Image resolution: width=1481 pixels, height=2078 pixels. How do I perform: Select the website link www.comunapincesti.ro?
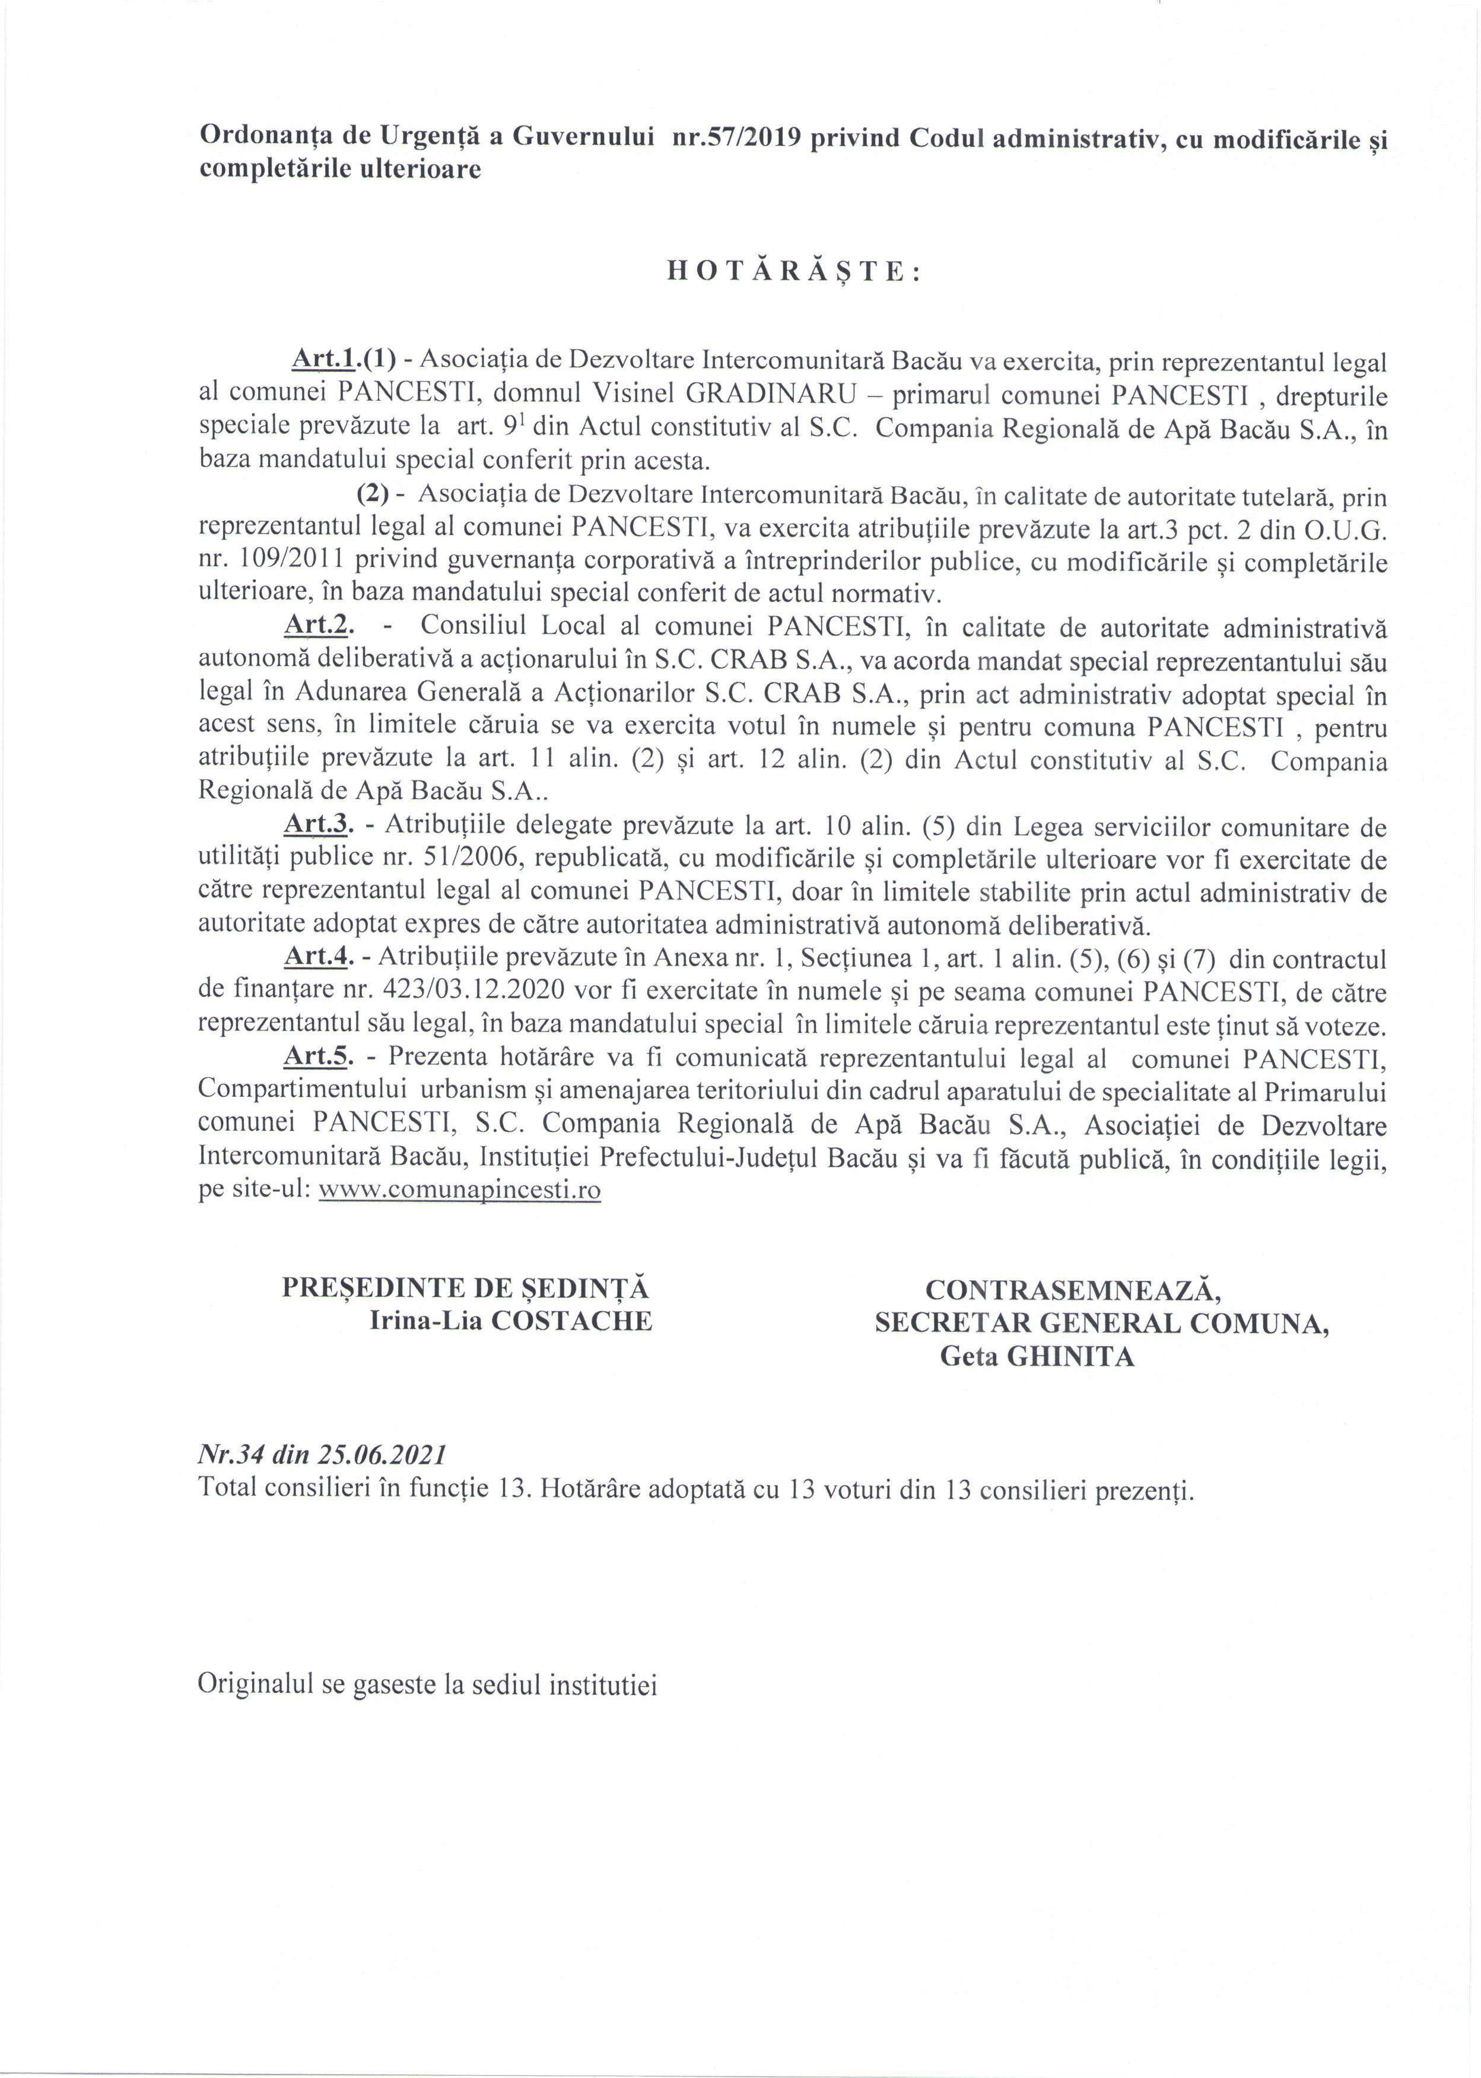coord(460,1191)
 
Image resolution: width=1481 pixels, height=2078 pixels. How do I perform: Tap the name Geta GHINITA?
coord(1037,1356)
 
